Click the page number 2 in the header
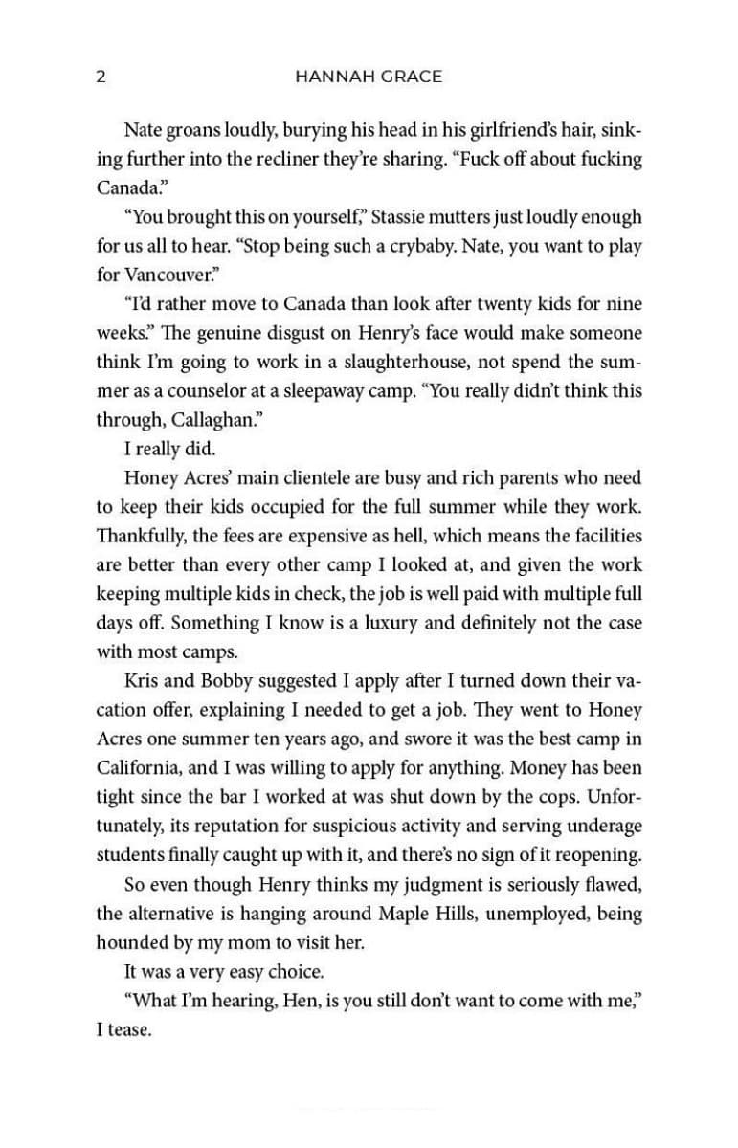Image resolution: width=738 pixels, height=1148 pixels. (101, 77)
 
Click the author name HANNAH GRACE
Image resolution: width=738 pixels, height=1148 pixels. (369, 77)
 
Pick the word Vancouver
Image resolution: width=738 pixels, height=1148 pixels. (171, 275)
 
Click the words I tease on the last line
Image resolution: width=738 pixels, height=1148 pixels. (124, 1031)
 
